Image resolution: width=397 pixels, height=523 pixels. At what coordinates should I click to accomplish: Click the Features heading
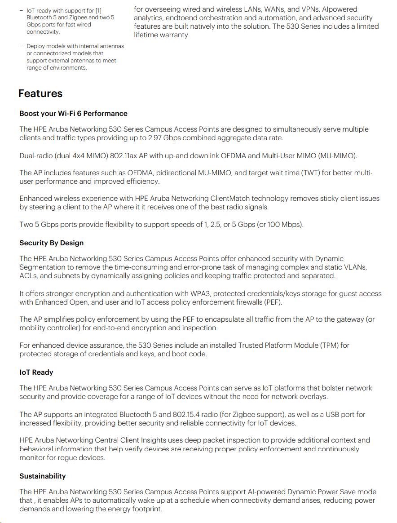(40, 93)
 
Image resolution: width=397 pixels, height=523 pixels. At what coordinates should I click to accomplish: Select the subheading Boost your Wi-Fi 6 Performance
(73, 114)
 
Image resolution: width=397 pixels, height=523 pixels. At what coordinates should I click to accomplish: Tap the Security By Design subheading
(51, 243)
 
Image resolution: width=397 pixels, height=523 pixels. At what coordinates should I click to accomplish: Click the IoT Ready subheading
(36, 372)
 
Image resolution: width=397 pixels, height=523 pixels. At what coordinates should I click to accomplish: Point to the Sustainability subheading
(42, 476)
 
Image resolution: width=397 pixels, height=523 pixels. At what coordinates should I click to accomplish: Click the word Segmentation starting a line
(43, 267)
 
